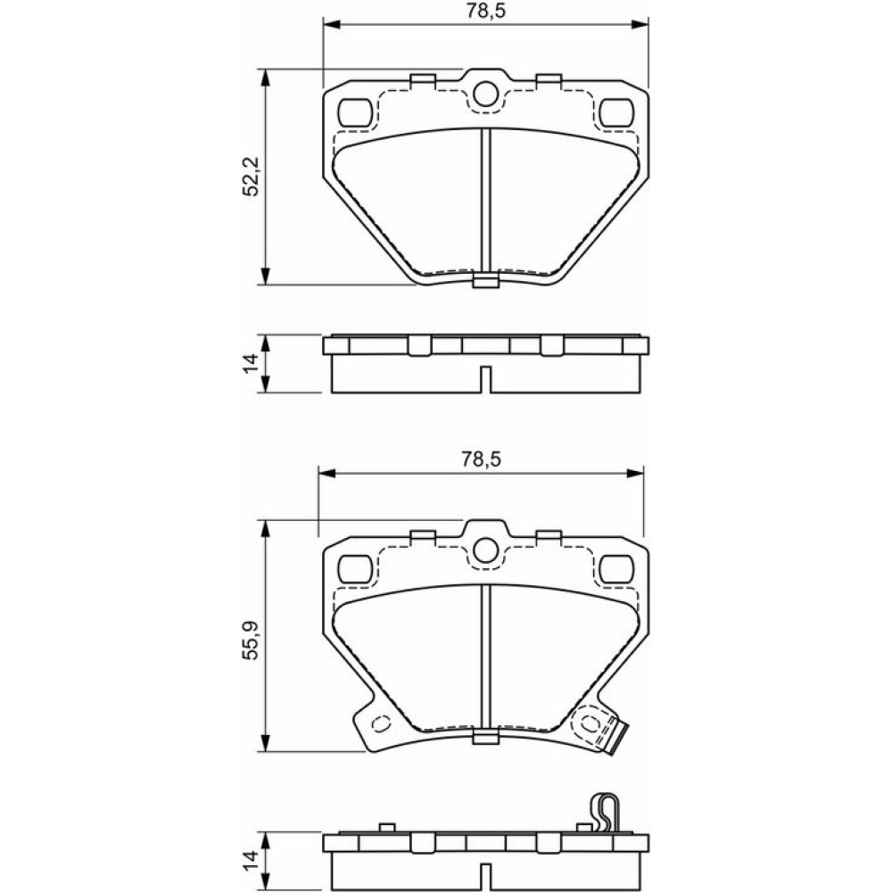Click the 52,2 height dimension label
click(251, 177)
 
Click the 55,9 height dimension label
click(251, 640)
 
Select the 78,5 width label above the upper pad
click(486, 12)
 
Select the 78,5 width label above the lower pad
click(482, 459)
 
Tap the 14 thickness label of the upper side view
click(251, 363)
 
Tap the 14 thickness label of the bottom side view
click(251, 860)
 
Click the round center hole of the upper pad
click(484, 94)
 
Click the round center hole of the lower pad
click(484, 550)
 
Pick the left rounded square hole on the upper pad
click(355, 112)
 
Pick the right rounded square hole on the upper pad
click(616, 112)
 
